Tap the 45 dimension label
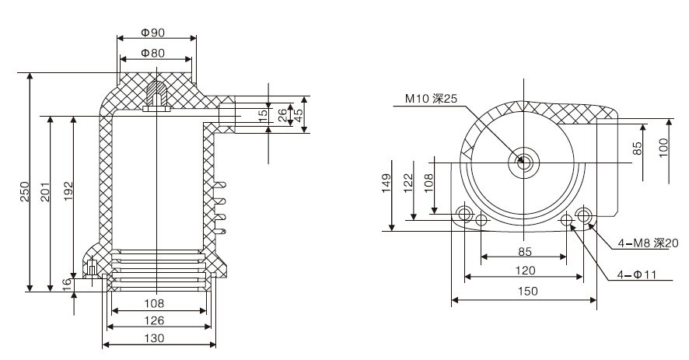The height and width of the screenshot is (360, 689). point(299,114)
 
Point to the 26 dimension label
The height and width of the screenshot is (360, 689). point(282,114)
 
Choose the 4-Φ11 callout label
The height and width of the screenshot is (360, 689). point(635,274)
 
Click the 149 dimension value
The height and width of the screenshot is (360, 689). point(386,187)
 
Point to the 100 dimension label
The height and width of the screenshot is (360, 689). point(663,147)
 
